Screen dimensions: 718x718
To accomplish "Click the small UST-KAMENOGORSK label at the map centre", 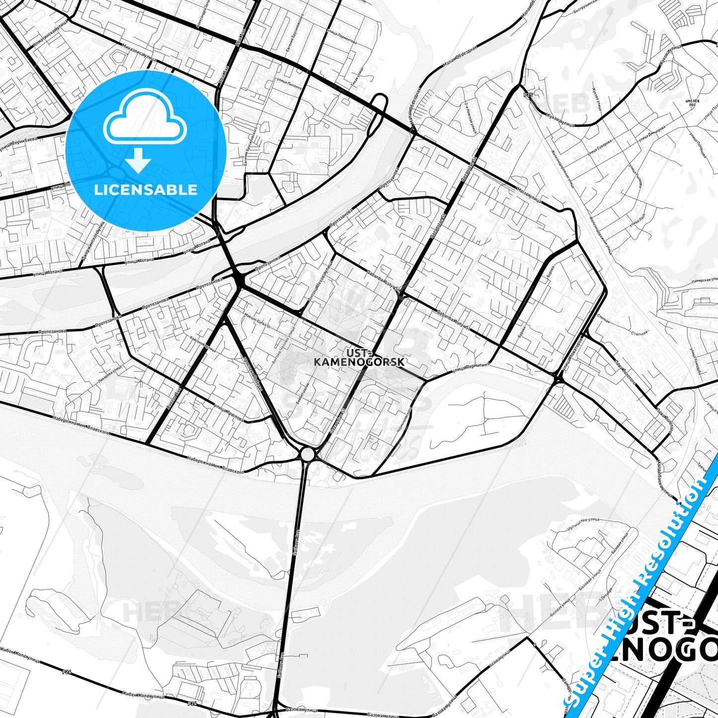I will [359, 357].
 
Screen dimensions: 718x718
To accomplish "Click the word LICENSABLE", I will [146, 189].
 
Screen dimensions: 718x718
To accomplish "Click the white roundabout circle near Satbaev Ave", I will [308, 454].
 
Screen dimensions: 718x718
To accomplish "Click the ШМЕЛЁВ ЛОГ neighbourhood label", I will [692, 102].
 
